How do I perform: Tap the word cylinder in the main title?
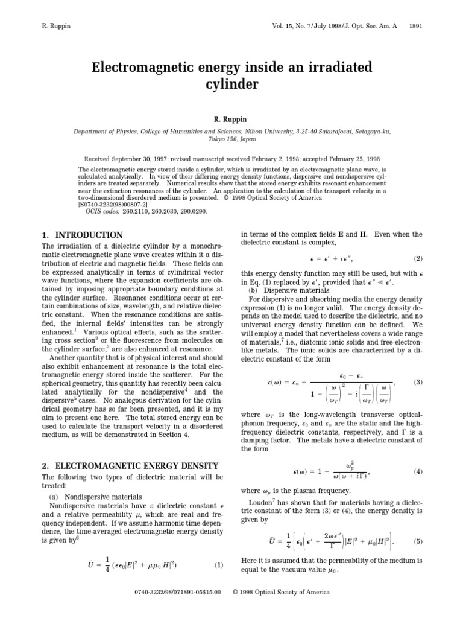click(x=231, y=83)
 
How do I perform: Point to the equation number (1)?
click(x=219, y=565)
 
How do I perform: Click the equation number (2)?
click(x=417, y=258)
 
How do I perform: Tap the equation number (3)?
click(x=417, y=383)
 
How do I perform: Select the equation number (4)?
click(x=417, y=471)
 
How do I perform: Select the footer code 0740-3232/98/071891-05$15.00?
click(x=178, y=593)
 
